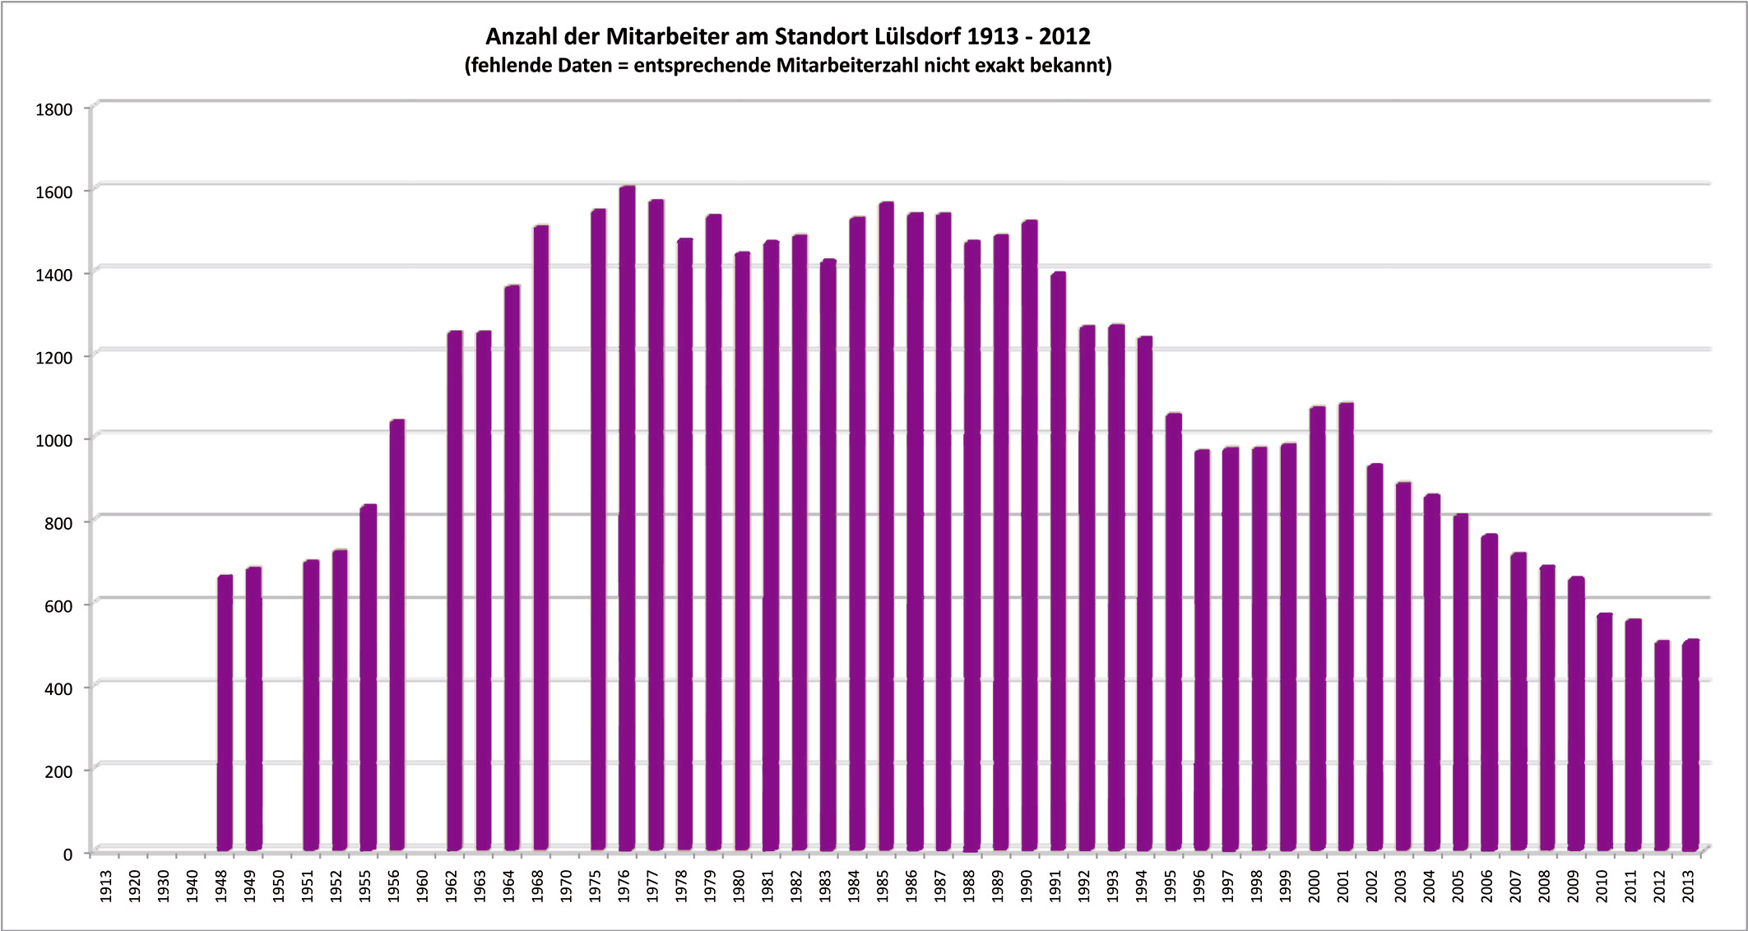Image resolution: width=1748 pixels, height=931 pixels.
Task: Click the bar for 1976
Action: (x=627, y=518)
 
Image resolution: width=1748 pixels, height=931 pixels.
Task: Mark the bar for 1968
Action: (x=540, y=538)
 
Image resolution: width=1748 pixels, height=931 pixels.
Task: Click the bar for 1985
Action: (x=886, y=526)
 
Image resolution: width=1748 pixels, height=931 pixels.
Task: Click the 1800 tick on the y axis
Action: (x=54, y=109)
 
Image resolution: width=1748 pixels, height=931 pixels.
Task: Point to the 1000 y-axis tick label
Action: (x=54, y=440)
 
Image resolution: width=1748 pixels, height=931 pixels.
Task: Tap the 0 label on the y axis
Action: (x=67, y=855)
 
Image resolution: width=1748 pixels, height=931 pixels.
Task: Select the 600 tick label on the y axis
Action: (x=58, y=605)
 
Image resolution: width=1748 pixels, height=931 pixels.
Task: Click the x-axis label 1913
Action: (x=106, y=886)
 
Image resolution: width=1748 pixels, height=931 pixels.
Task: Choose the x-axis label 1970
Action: (x=567, y=886)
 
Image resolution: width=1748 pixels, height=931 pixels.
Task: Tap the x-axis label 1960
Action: (x=423, y=886)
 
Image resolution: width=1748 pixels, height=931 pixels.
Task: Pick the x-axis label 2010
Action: (x=1602, y=886)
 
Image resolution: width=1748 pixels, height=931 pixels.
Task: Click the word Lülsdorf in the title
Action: (x=912, y=37)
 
